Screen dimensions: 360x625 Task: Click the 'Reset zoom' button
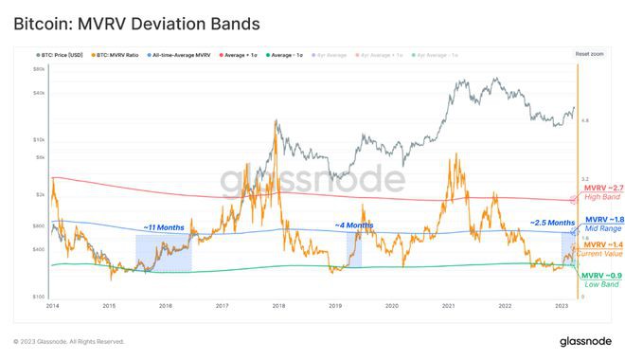pyautogui.click(x=588, y=54)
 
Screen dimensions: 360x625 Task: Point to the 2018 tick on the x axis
pyautogui.click(x=278, y=306)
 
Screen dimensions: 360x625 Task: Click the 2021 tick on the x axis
pyautogui.click(x=448, y=306)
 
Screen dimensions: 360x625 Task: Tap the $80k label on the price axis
pyautogui.click(x=39, y=70)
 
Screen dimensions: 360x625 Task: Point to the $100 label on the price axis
pyautogui.click(x=39, y=297)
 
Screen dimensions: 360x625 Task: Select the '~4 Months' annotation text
pyautogui.click(x=353, y=225)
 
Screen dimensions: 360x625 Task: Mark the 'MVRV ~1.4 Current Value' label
pyautogui.click(x=601, y=250)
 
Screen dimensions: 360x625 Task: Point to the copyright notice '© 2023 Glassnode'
pyautogui.click(x=69, y=341)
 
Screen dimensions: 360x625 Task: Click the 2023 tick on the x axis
pyautogui.click(x=561, y=306)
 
